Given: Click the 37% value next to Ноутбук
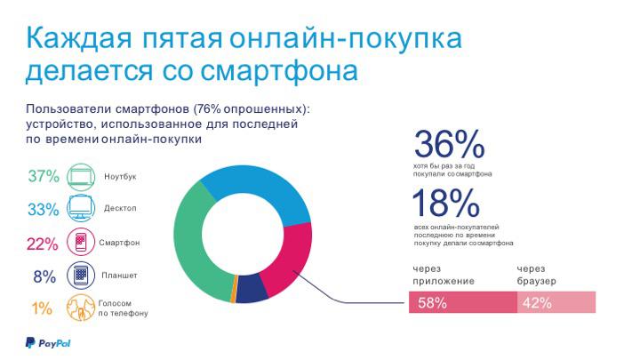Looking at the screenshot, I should [x=43, y=176].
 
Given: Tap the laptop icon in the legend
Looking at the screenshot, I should [x=81, y=176].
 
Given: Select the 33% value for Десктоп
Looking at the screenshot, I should [x=43, y=210].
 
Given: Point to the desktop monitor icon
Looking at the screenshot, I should [x=81, y=210].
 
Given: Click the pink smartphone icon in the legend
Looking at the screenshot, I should [x=81, y=243].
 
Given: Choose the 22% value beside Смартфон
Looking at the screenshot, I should [x=43, y=243].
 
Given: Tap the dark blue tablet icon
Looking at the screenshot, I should [x=81, y=276].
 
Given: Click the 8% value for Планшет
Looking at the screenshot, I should [x=44, y=276].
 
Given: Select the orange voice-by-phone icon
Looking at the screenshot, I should [x=81, y=308].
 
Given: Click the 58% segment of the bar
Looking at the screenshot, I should [x=462, y=302].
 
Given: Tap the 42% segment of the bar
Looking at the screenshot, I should [x=556, y=302].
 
